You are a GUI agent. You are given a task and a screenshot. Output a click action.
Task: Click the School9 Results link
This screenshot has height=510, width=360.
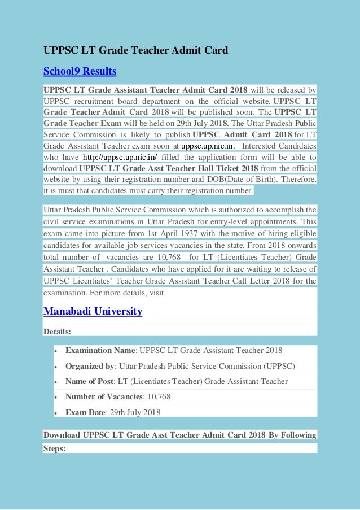pos(80,71)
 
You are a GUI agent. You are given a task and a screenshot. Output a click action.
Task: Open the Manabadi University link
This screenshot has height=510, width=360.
pos(93,311)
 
